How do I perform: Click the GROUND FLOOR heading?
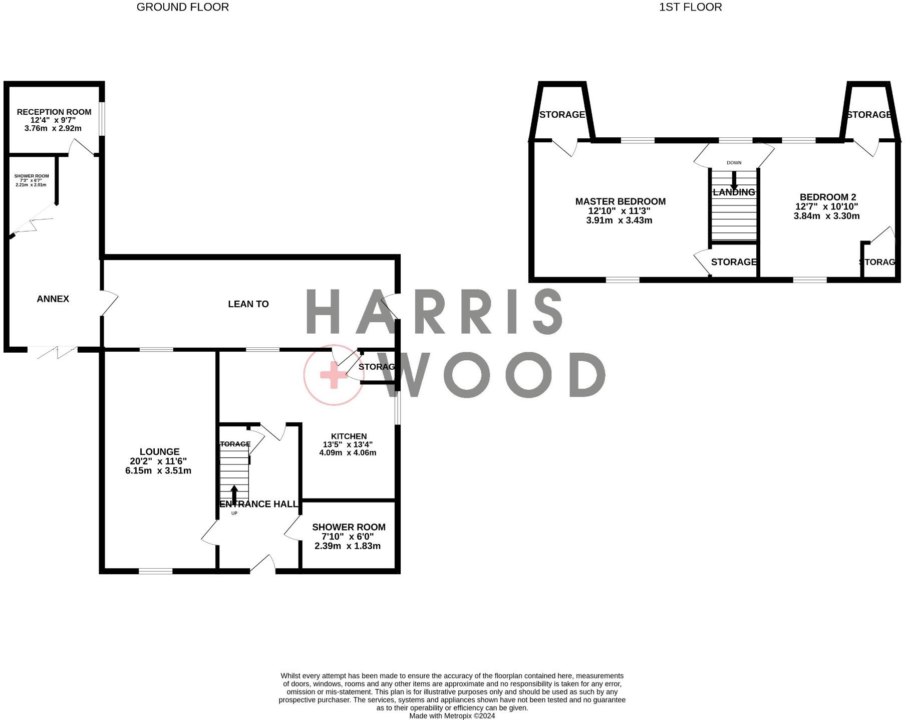coord(182,7)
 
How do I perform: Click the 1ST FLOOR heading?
coord(690,7)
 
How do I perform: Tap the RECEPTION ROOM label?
coord(54,112)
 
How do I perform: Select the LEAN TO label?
coord(248,304)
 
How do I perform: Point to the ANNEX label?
coord(53,299)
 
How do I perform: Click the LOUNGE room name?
coord(159,451)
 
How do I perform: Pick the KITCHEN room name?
coord(349,436)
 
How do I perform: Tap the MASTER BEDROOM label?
coord(620,201)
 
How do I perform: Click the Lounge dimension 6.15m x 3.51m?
coord(158,470)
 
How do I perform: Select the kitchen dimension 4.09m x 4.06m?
coord(348,452)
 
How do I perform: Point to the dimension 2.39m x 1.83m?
coord(348,546)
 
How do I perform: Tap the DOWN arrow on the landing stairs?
coord(734,179)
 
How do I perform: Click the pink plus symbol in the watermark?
coord(333,375)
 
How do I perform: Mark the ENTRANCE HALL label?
coord(259,504)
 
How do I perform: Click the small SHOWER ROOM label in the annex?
coord(32,176)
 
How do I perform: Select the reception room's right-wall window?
coord(102,119)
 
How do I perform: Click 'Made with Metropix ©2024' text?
coord(452,716)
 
